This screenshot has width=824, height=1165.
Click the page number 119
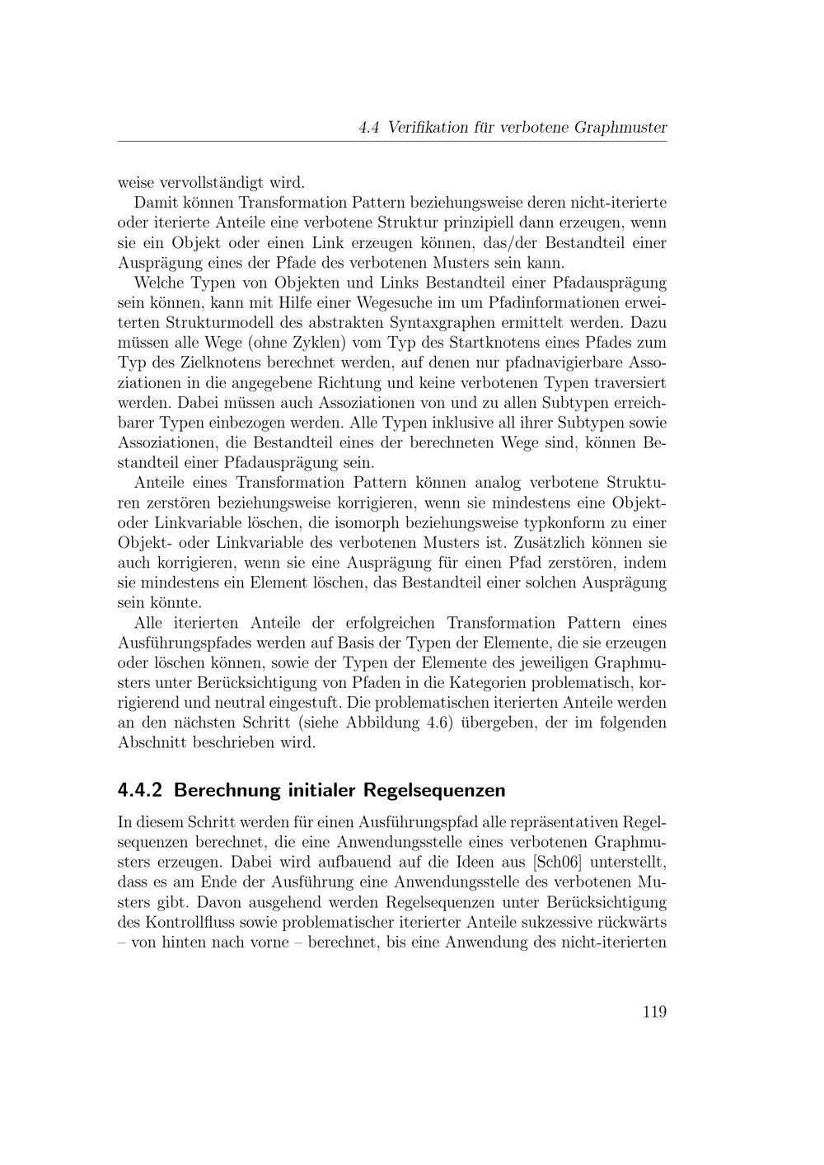[x=653, y=1012]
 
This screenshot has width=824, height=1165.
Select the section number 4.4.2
[x=142, y=790]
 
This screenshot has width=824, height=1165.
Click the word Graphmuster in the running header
[x=620, y=128]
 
